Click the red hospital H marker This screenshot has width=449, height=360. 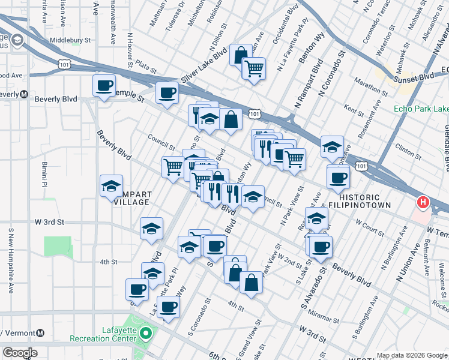coord(423,203)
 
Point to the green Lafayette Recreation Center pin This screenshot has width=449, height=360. coord(146,331)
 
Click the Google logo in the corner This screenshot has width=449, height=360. coord(20,353)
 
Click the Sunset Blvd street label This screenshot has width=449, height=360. coord(414,78)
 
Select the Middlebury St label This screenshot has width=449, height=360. coord(70,40)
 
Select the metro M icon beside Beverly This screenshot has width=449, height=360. coord(24,94)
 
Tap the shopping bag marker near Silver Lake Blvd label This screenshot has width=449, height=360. coord(240,55)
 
